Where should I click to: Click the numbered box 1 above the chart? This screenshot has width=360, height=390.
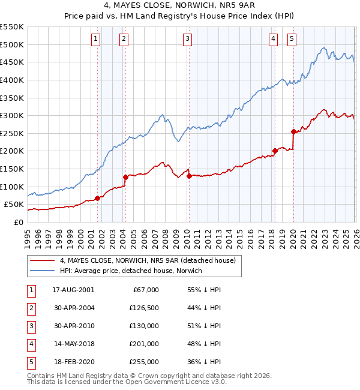(x=96, y=39)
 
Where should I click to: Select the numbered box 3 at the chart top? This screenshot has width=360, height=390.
(x=188, y=39)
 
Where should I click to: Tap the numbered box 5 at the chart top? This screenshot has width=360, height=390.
(x=292, y=39)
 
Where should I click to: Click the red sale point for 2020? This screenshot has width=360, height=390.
(x=293, y=131)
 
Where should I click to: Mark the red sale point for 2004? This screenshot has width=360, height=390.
(x=125, y=177)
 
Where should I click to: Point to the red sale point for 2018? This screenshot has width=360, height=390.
(x=275, y=151)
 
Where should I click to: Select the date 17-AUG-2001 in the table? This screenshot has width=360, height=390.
(x=73, y=290)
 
